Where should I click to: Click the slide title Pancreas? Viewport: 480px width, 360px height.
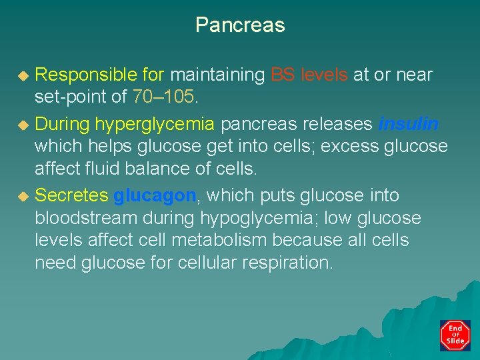point(240,25)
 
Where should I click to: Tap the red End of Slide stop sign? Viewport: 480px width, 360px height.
point(455,335)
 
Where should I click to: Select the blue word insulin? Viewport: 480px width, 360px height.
point(408,124)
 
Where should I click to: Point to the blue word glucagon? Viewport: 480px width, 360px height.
point(155,195)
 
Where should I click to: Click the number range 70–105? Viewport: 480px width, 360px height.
point(163,97)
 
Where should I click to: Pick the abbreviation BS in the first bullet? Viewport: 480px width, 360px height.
point(283,75)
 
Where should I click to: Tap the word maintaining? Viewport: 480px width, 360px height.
point(217,75)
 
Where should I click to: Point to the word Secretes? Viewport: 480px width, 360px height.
point(71,195)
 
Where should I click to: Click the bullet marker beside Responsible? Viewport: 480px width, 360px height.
point(23,75)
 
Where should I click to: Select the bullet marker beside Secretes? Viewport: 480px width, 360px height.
point(23,196)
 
